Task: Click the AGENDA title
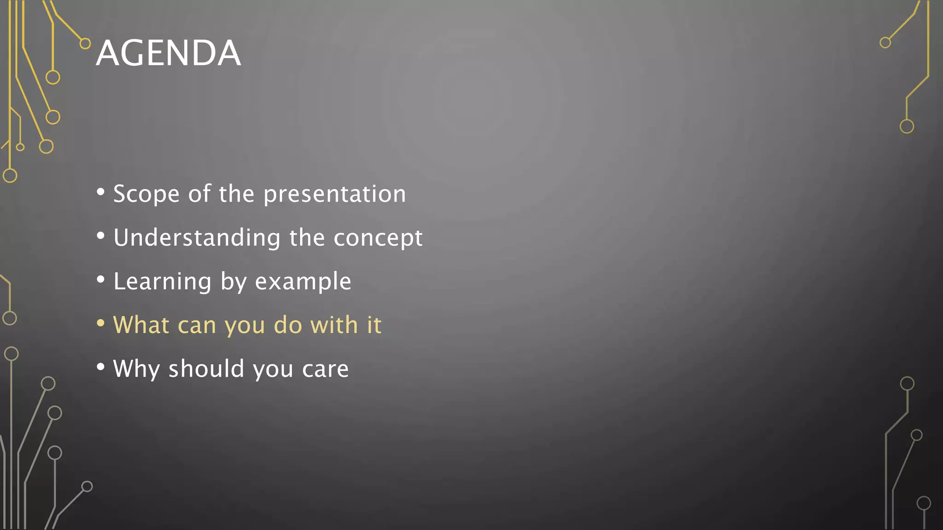coord(168,53)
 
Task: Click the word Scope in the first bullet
coord(146,194)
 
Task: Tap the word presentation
coord(335,194)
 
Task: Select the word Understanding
coord(197,238)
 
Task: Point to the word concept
coord(378,238)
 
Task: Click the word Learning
coord(162,282)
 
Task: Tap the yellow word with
coord(334,325)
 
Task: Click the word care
coord(325,369)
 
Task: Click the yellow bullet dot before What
coord(101,323)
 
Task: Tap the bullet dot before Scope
coord(101,192)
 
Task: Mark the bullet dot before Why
coord(101,367)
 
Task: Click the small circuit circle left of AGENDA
coord(85,44)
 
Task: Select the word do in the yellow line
coord(288,325)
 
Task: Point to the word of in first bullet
coord(199,194)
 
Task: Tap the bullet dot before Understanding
coord(101,236)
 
